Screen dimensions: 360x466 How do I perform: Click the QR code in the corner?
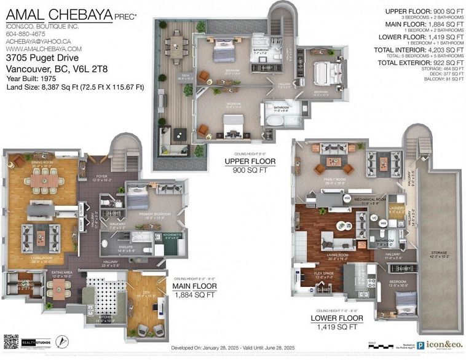(x=11, y=342)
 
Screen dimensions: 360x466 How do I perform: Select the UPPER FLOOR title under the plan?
(x=251, y=162)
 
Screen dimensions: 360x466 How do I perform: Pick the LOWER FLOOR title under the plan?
(x=337, y=318)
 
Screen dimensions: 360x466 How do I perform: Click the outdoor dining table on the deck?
(x=177, y=45)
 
